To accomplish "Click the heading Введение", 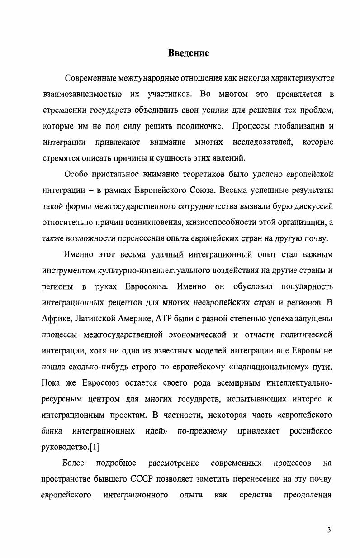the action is tap(189, 53).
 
